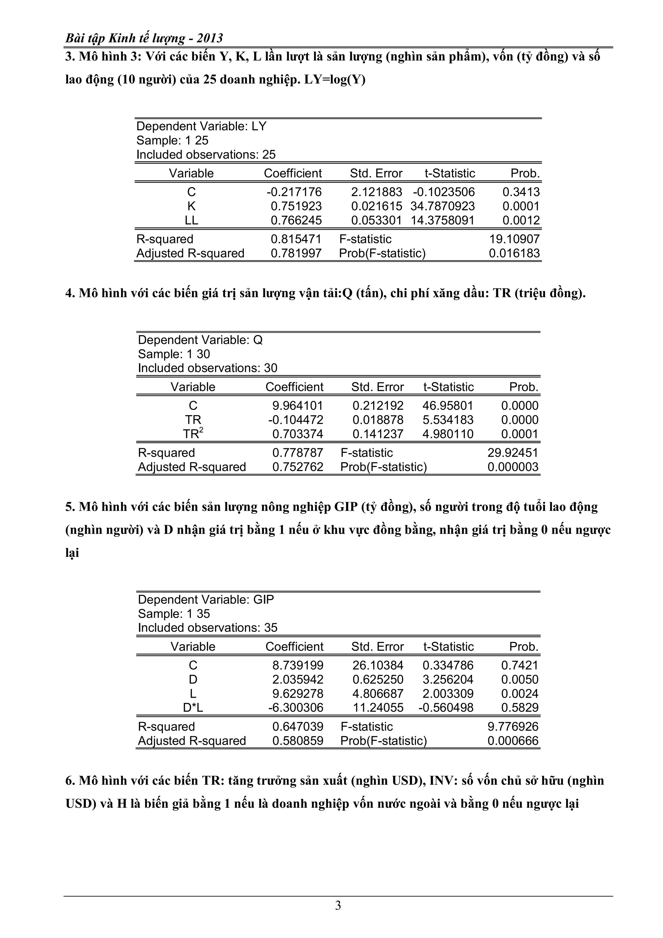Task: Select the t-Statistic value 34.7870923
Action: [443, 206]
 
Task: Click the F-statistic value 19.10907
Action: [514, 239]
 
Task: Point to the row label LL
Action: [191, 220]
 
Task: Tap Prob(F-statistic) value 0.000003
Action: [513, 466]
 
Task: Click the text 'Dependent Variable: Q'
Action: [200, 340]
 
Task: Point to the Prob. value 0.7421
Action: [520, 665]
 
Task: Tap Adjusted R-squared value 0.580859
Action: [298, 741]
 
